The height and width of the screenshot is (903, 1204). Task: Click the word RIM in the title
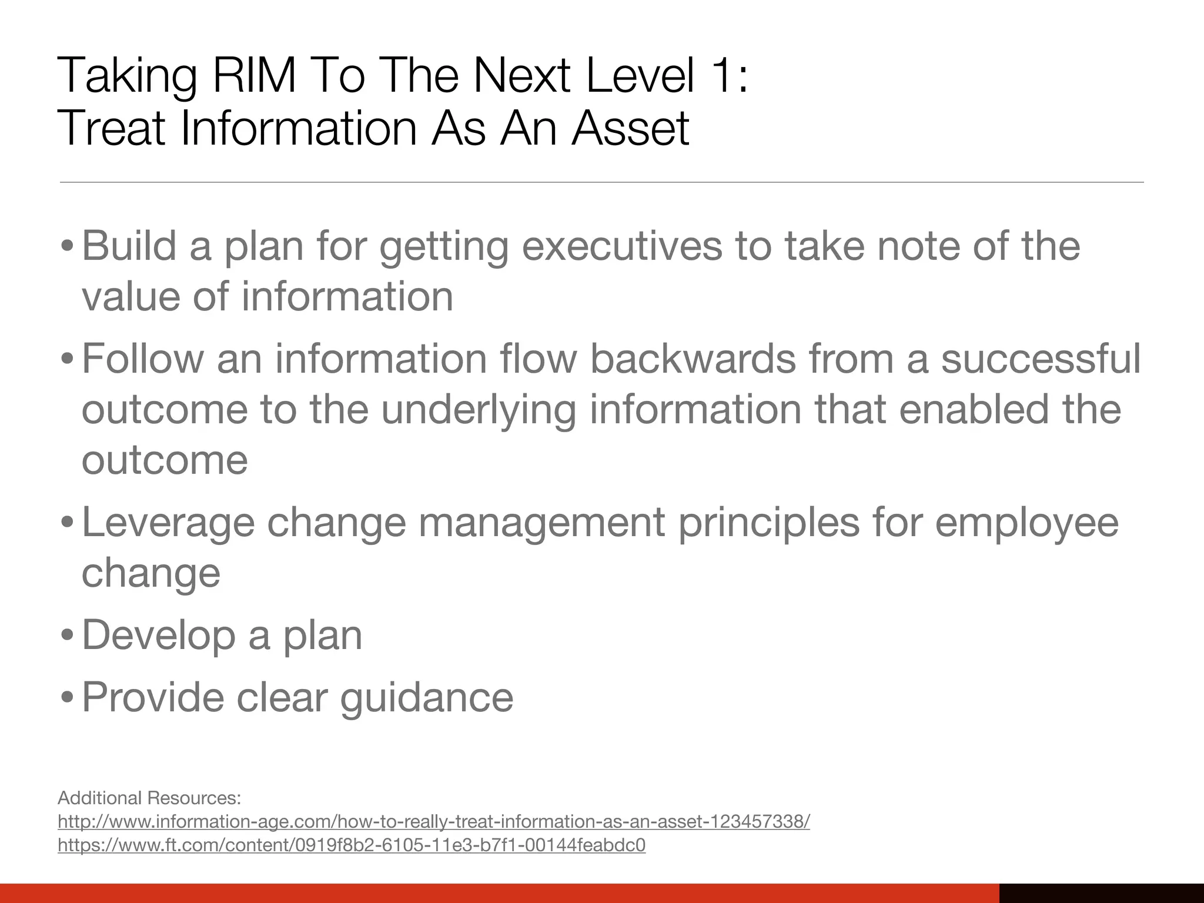click(x=253, y=76)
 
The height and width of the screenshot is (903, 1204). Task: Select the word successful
click(x=1041, y=359)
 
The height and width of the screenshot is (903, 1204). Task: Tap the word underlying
click(x=479, y=410)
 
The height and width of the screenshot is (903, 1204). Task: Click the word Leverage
click(x=168, y=523)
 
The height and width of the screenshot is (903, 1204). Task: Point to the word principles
click(x=768, y=523)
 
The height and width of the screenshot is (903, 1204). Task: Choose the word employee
click(x=1026, y=523)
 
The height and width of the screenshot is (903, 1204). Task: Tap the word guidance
click(x=427, y=698)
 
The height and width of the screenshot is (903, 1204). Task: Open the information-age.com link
click(x=433, y=822)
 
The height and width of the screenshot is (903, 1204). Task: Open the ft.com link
click(x=352, y=845)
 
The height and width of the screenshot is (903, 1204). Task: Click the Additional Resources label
click(x=149, y=798)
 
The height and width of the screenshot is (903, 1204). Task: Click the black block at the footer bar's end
click(x=1101, y=892)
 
